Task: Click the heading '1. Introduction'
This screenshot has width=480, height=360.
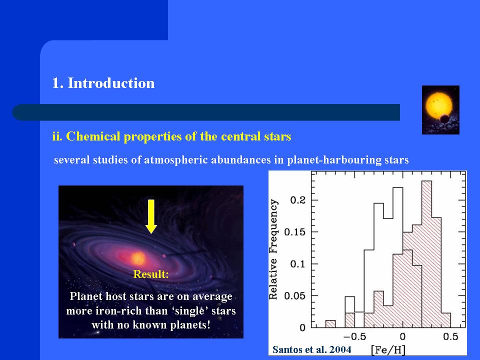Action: click(x=103, y=83)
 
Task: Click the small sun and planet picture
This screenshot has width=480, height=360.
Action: click(x=440, y=110)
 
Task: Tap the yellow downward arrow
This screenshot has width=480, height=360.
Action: click(x=151, y=216)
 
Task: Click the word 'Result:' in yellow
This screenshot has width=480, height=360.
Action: click(x=151, y=274)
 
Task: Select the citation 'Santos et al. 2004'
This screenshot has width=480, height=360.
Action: click(x=311, y=349)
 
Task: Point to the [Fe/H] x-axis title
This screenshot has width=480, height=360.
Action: click(x=388, y=350)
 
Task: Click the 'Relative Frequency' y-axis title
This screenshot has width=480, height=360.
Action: click(x=273, y=249)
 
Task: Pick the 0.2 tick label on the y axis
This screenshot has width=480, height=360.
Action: click(x=298, y=200)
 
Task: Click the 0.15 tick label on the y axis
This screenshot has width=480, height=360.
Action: click(x=295, y=232)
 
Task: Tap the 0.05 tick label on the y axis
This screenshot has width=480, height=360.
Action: click(x=295, y=296)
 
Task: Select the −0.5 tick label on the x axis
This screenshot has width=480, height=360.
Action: click(x=354, y=336)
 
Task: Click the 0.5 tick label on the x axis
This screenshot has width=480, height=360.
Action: click(x=450, y=336)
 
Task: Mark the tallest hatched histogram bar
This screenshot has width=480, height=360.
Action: click(x=426, y=254)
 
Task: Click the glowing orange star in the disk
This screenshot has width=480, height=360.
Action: click(x=138, y=258)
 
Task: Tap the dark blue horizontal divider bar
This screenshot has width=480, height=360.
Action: click(x=206, y=112)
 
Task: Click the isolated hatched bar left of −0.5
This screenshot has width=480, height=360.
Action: click(x=330, y=324)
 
